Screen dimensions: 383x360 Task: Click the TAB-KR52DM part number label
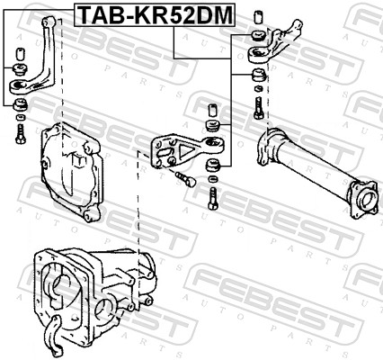point(155,15)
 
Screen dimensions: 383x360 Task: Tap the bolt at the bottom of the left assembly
point(21,134)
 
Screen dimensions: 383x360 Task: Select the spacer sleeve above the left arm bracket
point(21,54)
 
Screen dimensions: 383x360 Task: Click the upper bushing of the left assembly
point(21,69)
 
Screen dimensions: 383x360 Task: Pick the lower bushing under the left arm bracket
point(21,103)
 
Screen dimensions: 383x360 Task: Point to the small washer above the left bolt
point(21,117)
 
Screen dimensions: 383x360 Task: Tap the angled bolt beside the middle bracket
point(186,178)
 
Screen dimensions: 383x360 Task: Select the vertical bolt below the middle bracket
point(213,198)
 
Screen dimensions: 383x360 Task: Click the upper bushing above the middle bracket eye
point(212,125)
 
